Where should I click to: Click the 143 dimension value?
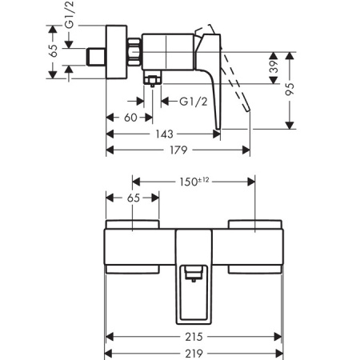tap(165, 134)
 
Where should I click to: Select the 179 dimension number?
tap(178, 150)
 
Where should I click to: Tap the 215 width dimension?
tap(194, 337)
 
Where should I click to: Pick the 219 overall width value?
tap(194, 354)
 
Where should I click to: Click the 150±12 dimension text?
tap(194, 182)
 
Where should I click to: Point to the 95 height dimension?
tap(290, 89)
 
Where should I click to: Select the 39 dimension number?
tap(274, 66)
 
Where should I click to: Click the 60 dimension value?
tap(130, 118)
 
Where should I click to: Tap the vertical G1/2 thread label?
tap(70, 14)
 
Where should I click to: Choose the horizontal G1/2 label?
tap(194, 102)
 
